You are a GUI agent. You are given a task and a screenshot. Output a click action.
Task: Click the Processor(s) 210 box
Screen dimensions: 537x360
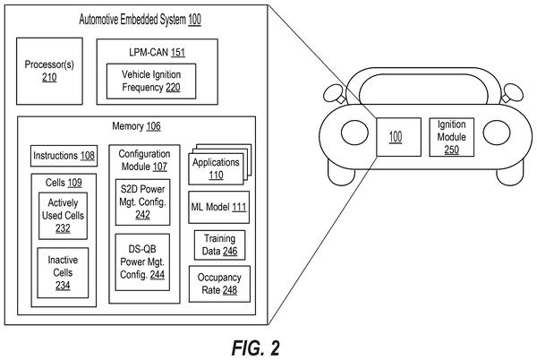49,71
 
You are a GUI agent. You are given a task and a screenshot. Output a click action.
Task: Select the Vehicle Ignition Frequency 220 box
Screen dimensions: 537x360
151,81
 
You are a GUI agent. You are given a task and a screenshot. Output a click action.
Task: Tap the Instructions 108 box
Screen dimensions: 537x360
64,156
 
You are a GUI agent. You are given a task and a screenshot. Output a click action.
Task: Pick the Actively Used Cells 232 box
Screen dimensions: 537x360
63,216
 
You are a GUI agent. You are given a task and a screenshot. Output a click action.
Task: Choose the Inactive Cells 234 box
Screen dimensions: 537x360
63,272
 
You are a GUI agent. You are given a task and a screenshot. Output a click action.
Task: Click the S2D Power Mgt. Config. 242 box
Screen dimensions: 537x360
142,202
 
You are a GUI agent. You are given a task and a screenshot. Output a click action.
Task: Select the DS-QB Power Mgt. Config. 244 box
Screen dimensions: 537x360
142,262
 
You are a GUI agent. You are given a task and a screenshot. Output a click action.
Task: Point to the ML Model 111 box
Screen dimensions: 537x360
219,207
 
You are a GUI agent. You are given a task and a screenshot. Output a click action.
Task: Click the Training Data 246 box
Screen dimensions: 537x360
219,244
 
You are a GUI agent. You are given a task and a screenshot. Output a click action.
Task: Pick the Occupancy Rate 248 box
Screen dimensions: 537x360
219,284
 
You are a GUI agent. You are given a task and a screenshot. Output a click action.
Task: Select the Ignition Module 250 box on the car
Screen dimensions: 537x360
452,137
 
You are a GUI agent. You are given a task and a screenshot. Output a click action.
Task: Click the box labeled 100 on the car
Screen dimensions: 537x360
398,137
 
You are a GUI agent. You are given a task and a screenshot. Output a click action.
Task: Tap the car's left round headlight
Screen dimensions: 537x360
354,133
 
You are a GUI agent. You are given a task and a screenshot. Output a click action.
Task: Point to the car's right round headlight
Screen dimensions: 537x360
497,133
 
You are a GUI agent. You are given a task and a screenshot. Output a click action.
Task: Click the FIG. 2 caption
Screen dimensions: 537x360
255,348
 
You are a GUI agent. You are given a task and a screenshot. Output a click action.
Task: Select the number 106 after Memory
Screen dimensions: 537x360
153,126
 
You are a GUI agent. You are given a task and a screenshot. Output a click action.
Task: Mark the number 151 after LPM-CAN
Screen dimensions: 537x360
178,53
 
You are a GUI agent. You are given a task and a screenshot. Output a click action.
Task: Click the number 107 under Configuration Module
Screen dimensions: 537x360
159,167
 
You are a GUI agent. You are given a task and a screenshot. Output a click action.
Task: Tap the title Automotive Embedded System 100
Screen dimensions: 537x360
141,20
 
